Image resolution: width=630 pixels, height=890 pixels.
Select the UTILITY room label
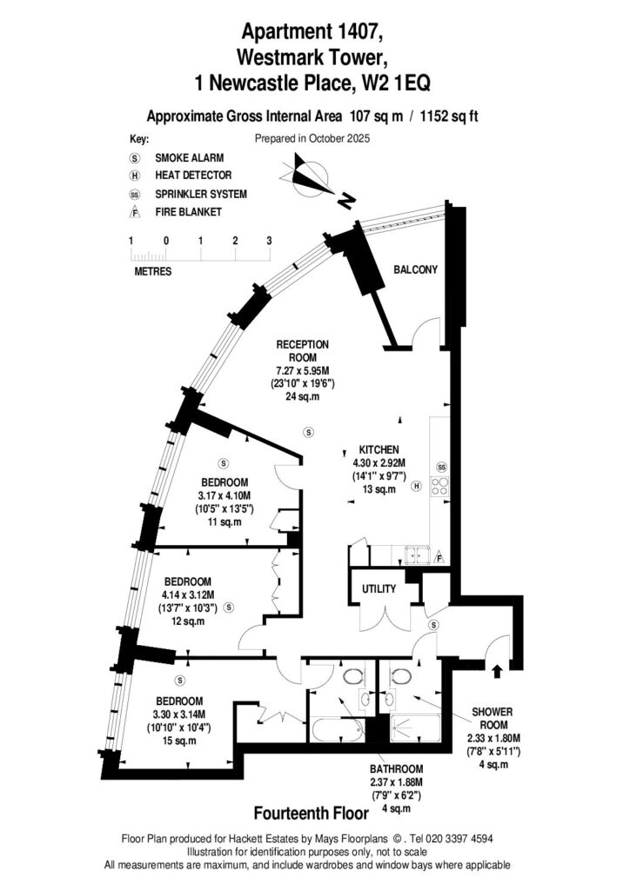click(379, 589)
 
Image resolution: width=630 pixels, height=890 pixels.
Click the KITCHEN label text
click(379, 450)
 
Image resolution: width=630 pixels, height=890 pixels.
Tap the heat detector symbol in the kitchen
click(417, 487)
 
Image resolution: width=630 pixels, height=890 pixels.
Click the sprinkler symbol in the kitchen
click(441, 467)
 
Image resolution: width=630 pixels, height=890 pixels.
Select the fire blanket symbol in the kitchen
click(439, 555)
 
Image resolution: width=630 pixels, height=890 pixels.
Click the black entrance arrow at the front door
click(497, 671)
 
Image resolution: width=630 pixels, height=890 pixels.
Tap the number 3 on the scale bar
click(269, 240)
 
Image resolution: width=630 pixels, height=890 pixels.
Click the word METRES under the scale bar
click(152, 271)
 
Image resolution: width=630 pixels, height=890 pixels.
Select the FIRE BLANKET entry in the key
click(188, 211)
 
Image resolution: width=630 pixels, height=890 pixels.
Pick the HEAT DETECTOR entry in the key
click(192, 176)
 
